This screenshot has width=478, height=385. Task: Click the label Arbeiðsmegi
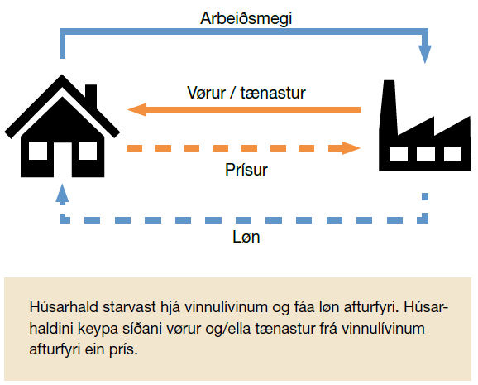(x=246, y=19)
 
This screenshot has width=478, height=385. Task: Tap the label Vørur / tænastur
(x=246, y=93)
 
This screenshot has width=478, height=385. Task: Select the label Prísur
(x=246, y=170)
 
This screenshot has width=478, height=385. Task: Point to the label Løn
(x=246, y=237)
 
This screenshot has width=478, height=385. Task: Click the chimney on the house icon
(x=91, y=95)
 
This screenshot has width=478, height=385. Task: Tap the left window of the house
(x=38, y=151)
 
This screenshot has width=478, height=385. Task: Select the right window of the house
(x=88, y=151)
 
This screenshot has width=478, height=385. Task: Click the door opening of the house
(x=63, y=160)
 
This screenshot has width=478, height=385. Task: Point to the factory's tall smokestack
(x=389, y=107)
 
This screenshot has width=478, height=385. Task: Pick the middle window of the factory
(x=426, y=154)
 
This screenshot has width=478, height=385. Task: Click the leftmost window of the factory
(x=399, y=154)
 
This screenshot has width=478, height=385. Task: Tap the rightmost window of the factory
(x=452, y=154)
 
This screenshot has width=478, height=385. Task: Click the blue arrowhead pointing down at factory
(x=424, y=54)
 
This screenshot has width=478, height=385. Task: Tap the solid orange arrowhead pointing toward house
(x=137, y=109)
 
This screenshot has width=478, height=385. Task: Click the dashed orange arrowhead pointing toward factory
(x=351, y=148)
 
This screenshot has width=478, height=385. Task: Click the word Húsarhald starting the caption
(x=64, y=307)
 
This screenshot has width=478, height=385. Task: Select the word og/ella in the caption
(x=228, y=329)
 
